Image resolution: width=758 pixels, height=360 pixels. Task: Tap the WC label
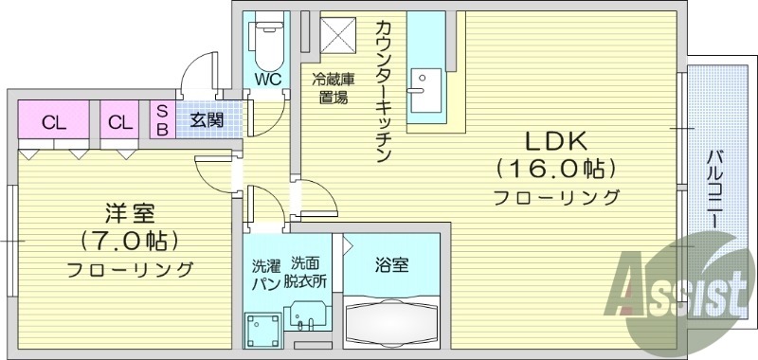pyautogui.click(x=266, y=80)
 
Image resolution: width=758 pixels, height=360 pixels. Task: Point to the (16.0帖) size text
pyautogui.click(x=555, y=170)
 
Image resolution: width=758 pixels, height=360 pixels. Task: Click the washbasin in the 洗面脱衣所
pyautogui.click(x=308, y=313)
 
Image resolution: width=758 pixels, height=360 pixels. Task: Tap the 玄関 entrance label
pyautogui.click(x=206, y=120)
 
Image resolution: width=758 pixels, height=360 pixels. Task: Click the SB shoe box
pyautogui.click(x=161, y=120)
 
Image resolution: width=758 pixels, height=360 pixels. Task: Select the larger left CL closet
pyautogui.click(x=53, y=121)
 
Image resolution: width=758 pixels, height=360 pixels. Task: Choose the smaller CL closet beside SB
pyautogui.click(x=119, y=121)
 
